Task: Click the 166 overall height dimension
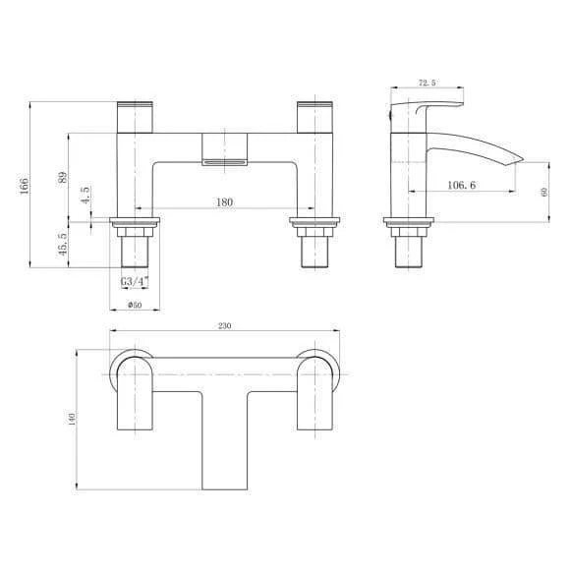(24, 186)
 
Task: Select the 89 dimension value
(63, 178)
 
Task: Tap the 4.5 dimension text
(85, 196)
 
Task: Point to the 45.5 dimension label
(63, 244)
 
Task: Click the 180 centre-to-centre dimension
(224, 202)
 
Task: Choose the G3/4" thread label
(135, 281)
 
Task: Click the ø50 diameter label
(135, 305)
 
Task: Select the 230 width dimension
(225, 325)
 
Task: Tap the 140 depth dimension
(72, 419)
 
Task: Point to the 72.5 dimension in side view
(427, 83)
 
